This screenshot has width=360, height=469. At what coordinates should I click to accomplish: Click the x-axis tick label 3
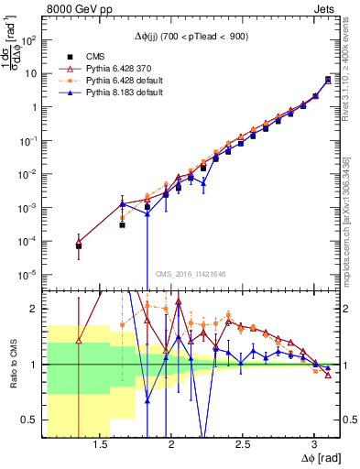point(314,444)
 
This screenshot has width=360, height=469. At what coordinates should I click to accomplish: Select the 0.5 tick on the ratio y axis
point(31,420)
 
